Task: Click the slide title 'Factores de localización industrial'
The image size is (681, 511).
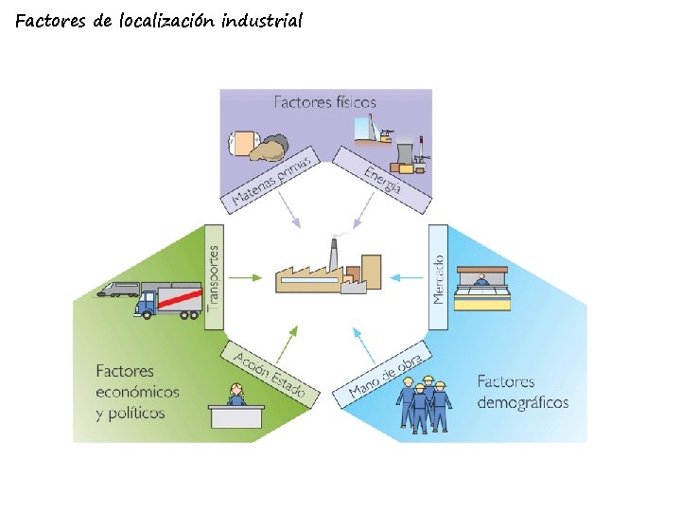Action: point(159,21)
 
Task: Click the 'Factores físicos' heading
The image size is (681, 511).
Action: point(325,101)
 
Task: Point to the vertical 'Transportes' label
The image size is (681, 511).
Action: point(214,278)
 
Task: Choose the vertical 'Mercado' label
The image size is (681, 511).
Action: point(438,278)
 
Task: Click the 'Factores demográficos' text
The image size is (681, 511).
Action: point(522,393)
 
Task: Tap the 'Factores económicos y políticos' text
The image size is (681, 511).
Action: point(137,392)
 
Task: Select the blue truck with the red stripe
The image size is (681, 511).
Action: point(170,300)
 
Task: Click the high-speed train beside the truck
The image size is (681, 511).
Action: point(117,289)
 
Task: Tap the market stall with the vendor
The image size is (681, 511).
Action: point(483,289)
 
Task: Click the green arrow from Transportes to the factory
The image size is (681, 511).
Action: point(246,278)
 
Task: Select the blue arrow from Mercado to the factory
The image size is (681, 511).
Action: point(408,278)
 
